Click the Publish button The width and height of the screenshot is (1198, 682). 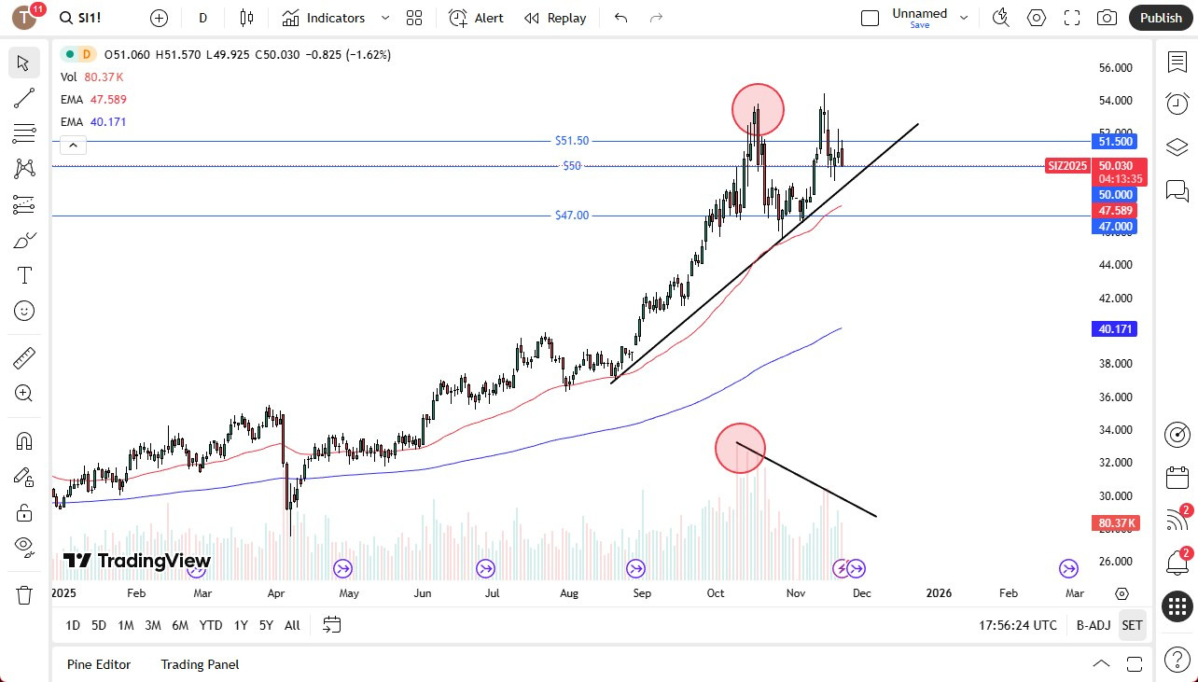(1161, 18)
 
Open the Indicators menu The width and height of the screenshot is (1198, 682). (336, 18)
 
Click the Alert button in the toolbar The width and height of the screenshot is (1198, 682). (477, 18)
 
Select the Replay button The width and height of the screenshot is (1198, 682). (555, 18)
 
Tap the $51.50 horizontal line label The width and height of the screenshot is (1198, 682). (572, 141)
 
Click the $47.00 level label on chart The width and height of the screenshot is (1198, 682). (572, 216)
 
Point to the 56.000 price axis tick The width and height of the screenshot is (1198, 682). (1116, 68)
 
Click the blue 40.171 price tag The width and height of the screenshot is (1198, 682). (1116, 329)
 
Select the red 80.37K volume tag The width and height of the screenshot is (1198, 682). (1116, 523)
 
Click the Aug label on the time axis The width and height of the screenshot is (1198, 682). (569, 592)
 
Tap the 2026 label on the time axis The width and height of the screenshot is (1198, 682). (939, 592)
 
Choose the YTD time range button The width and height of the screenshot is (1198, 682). (211, 625)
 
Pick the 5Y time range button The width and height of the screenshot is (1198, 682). (266, 625)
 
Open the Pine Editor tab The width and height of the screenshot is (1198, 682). (99, 664)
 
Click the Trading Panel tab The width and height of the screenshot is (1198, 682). (200, 664)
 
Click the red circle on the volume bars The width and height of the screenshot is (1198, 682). (740, 448)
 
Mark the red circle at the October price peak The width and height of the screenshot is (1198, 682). (758, 108)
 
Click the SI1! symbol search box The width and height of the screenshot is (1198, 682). (91, 18)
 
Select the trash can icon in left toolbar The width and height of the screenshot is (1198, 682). (23, 594)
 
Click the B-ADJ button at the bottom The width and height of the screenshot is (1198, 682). (1093, 625)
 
